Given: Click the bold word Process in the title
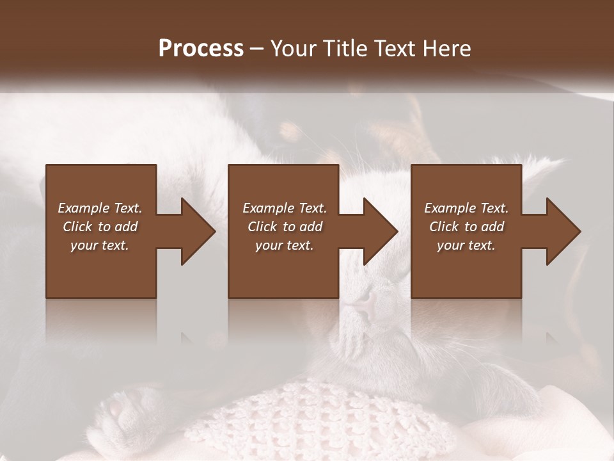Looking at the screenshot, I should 201,49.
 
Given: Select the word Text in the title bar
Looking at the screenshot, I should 395,49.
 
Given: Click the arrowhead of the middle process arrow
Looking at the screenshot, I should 380,231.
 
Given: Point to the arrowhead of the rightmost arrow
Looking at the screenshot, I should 563,231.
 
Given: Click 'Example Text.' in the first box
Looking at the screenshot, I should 100,208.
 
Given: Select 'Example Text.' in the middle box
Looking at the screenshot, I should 285,208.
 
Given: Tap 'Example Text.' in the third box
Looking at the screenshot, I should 466,208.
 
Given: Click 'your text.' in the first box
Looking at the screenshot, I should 100,245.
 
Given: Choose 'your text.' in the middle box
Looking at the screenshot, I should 285,245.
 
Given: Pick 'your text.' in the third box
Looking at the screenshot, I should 466,245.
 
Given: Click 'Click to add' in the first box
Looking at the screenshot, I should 100,227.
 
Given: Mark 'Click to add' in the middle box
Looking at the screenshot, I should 285,227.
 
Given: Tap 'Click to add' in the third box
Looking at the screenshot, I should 466,227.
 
